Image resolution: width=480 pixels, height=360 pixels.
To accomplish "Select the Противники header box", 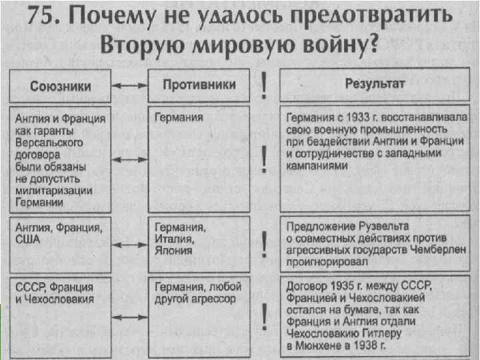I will pyautogui.click(x=199, y=85).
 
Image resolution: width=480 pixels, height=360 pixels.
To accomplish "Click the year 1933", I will pyautogui.click(x=359, y=118).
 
